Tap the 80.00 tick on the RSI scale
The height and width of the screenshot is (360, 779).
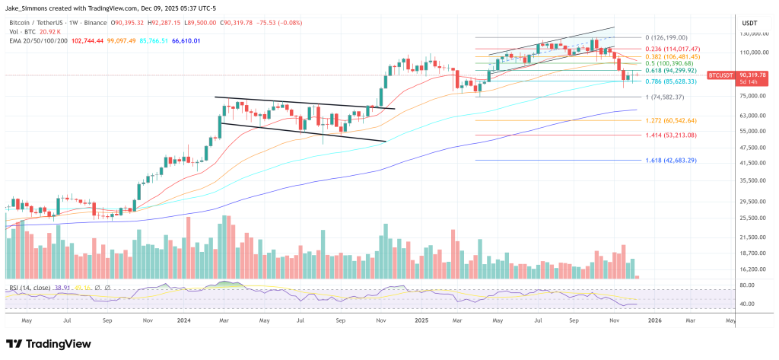[746, 285]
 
